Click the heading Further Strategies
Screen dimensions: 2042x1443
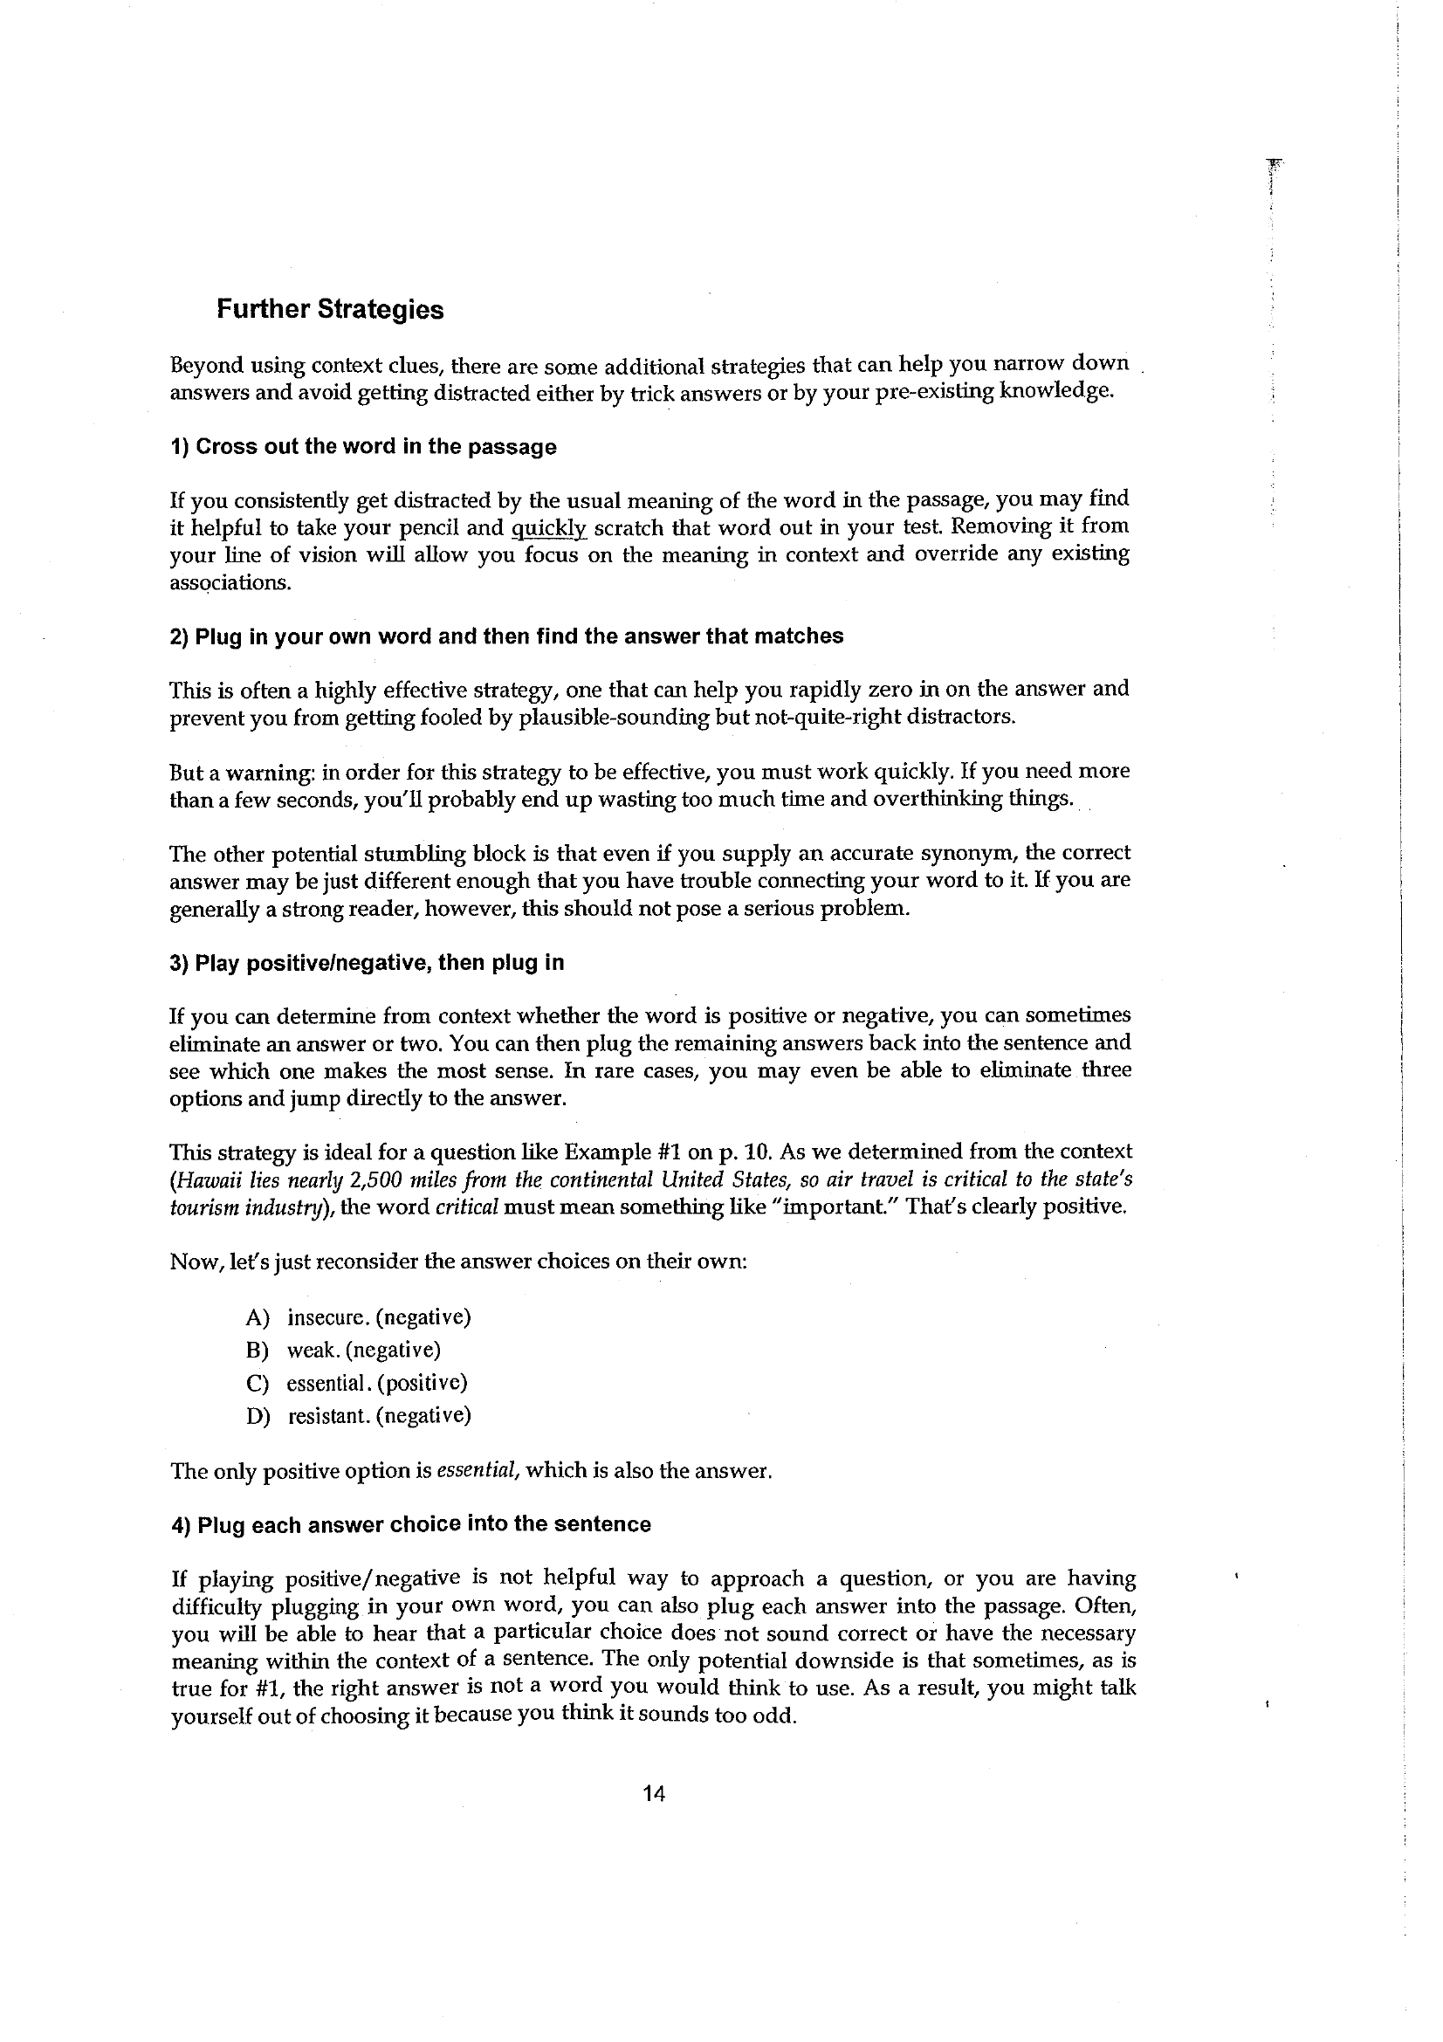tap(330, 310)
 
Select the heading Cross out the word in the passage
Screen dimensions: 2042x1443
tap(363, 446)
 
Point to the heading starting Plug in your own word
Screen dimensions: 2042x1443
tap(506, 636)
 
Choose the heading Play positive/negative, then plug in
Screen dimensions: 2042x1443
tap(367, 962)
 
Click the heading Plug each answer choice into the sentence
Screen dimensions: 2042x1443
tap(411, 1524)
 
